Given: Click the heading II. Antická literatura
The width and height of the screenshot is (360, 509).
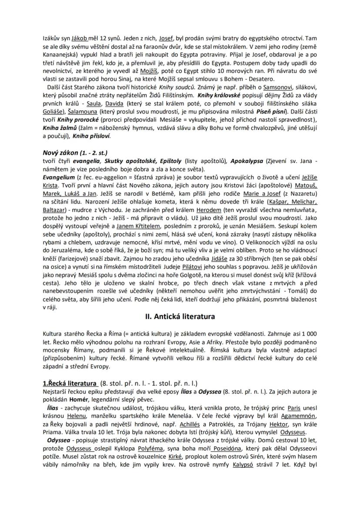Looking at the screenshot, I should click(x=180, y=317).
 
